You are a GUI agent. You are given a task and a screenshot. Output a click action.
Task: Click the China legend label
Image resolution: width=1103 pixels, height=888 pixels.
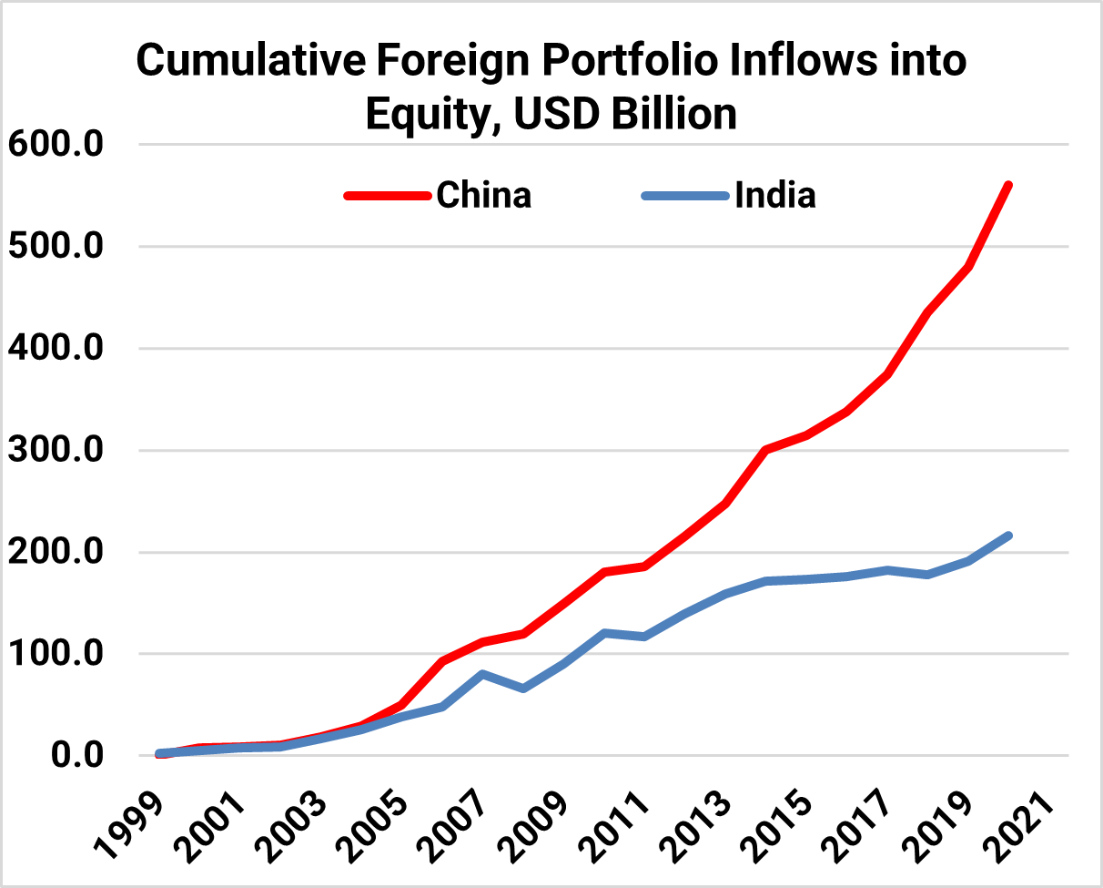tap(483, 195)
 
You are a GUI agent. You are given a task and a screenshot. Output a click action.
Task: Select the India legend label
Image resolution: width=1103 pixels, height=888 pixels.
tap(775, 195)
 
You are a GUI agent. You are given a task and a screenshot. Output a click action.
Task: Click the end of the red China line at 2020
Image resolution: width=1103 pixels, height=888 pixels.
tap(1008, 185)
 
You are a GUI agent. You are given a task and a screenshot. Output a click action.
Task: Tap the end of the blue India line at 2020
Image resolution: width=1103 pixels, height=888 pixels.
tap(1008, 536)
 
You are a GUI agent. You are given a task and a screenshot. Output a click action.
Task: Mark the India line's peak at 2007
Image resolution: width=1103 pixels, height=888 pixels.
tap(482, 674)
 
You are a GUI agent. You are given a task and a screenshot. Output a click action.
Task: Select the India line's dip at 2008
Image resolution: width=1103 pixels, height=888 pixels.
tap(522, 688)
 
